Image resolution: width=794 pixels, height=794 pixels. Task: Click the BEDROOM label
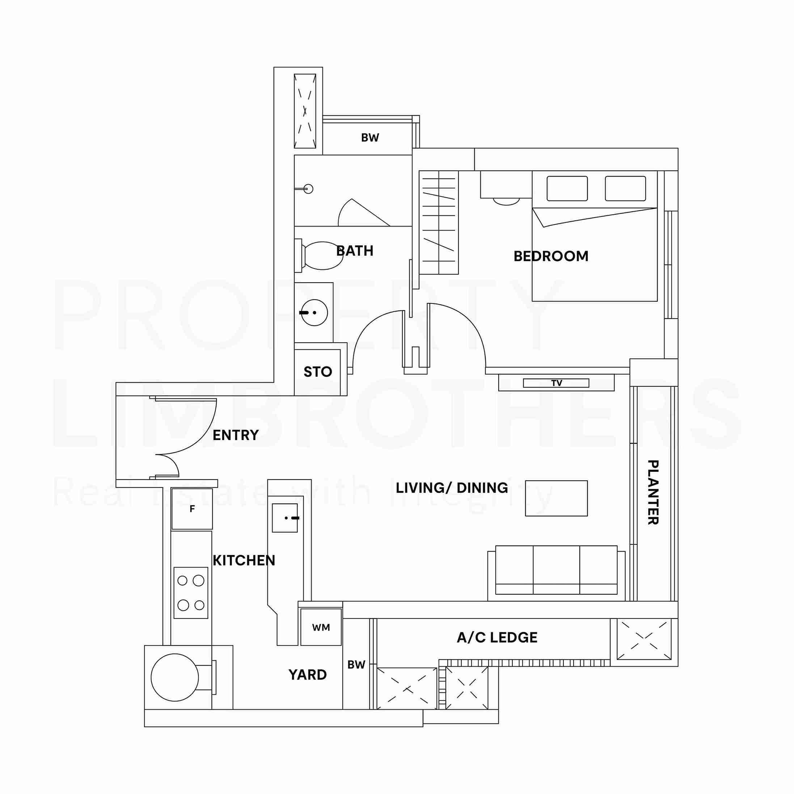pos(551,257)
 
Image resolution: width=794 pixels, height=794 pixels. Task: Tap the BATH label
pos(355,251)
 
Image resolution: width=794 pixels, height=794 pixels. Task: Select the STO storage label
pos(318,372)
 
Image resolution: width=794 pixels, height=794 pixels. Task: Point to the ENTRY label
pos(236,435)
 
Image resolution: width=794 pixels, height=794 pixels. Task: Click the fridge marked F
pos(192,509)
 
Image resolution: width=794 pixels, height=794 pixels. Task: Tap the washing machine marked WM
pos(321,628)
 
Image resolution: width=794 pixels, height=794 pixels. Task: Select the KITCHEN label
pos(244,561)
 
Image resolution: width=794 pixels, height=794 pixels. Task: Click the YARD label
pos(307,675)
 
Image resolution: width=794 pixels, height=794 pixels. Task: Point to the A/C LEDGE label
pos(497,638)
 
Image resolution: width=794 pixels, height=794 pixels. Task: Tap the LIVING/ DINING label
pos(452,488)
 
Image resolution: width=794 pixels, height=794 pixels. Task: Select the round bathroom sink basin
pos(314,313)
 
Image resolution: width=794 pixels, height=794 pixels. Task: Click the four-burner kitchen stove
pos(191,593)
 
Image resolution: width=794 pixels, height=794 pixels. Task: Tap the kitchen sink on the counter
pos(285,518)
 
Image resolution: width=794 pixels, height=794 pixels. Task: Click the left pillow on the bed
pos(567,189)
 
